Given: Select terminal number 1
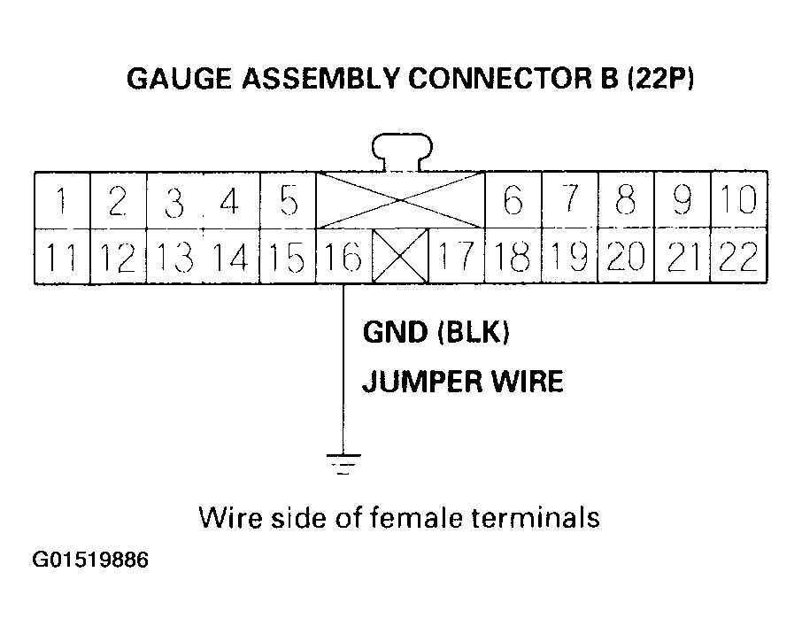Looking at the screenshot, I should click(61, 201).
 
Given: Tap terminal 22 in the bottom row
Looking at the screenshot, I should click(739, 257).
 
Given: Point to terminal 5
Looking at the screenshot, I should click(288, 201).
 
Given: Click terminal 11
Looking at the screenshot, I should click(61, 257).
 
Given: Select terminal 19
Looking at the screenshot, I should click(569, 257).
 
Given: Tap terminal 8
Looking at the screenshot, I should click(626, 201).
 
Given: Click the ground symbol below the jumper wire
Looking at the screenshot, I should click(343, 463).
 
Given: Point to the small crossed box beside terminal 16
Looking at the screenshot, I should click(400, 257).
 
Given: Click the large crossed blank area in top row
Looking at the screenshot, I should click(400, 201).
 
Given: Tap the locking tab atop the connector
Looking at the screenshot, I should click(402, 151).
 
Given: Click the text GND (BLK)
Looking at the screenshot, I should click(436, 334).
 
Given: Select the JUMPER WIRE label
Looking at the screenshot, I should click(462, 383).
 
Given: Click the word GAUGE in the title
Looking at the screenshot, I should click(175, 80).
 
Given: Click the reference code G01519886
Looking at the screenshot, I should click(91, 561).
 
